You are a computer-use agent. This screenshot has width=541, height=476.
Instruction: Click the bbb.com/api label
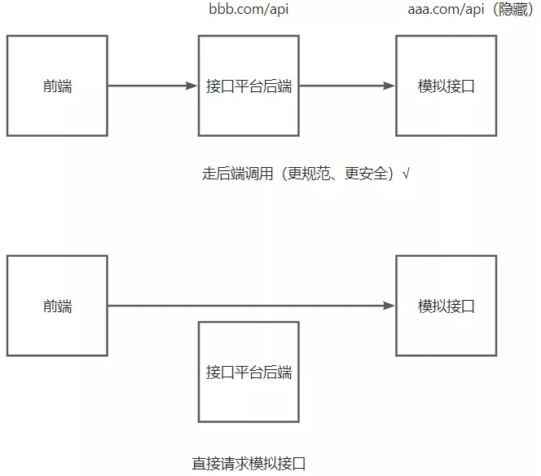tap(249, 9)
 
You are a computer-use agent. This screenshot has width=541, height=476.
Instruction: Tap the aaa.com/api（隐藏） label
tap(471, 9)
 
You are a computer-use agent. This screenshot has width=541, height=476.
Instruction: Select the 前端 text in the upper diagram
tap(57, 86)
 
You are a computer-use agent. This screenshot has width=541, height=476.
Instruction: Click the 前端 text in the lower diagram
tap(57, 306)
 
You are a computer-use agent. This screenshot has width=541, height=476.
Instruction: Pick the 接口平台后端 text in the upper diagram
tap(249, 86)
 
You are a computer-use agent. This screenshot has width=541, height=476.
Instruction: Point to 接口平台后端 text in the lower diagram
tap(249, 372)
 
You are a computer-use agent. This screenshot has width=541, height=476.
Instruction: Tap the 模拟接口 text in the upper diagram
tap(446, 86)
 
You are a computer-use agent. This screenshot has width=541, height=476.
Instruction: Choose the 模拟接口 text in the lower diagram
tap(446, 306)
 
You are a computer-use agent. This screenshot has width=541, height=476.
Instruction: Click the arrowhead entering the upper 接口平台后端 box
tap(191, 86)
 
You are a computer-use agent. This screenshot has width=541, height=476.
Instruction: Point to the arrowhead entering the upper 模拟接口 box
tap(389, 86)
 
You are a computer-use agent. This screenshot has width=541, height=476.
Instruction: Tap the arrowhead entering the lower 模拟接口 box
tap(389, 306)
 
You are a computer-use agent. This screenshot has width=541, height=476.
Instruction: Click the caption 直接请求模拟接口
tap(249, 463)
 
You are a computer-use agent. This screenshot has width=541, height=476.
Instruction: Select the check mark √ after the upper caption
tap(406, 173)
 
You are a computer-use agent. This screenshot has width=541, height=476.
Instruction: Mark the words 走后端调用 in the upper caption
tap(238, 174)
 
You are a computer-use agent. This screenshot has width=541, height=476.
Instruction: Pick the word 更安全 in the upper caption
tap(366, 174)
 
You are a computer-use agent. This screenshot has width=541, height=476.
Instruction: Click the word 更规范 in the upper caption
tap(309, 174)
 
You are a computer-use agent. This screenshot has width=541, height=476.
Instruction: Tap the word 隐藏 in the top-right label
tap(513, 9)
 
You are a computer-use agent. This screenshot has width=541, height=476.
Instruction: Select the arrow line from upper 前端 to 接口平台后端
tap(152, 86)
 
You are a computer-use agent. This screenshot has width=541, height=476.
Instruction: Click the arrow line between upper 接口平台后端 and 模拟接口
tap(347, 86)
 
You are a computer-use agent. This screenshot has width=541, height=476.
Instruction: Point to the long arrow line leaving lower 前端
tap(252, 306)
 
